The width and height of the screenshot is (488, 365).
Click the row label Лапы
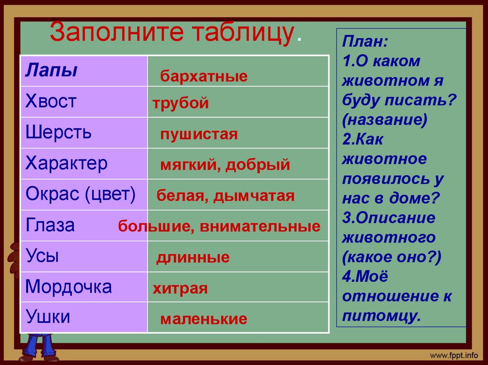coord(51,70)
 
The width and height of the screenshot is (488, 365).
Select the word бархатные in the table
coord(204,77)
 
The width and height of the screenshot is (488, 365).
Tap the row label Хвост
coord(51,101)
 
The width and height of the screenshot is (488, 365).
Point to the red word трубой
coord(181,103)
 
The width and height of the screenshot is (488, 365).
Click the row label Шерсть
coord(58,132)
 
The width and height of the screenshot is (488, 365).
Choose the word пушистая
coord(199,134)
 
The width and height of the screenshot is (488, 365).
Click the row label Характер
coord(66,163)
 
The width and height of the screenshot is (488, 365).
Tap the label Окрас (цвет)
coord(81,194)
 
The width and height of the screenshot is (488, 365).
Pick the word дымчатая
coord(254,196)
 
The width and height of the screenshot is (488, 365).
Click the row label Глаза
coord(50,225)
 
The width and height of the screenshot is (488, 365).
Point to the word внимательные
coord(260,227)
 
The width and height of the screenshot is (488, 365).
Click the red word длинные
coord(193,258)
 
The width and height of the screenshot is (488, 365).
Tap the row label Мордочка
coord(69,286)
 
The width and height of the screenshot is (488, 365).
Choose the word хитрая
coord(180,289)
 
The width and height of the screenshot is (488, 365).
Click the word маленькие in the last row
coord(204,319)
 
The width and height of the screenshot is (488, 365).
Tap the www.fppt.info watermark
coord(454,355)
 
